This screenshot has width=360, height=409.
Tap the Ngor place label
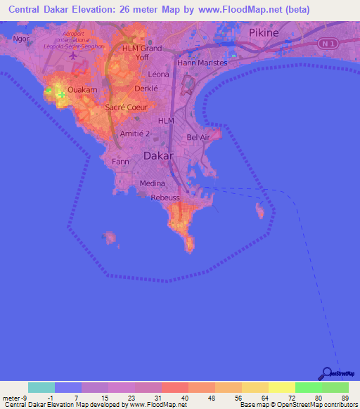click(x=21, y=39)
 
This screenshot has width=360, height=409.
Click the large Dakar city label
click(x=158, y=157)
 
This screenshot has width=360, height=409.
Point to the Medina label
click(x=153, y=183)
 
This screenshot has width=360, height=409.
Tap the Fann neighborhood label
click(x=120, y=161)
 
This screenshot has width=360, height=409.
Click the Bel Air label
click(x=198, y=138)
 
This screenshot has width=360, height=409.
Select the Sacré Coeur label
click(x=125, y=107)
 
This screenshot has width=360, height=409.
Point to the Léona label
click(x=160, y=74)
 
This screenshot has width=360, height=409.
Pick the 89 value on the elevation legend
click(x=345, y=398)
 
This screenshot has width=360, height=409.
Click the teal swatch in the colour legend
click(x=41, y=387)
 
